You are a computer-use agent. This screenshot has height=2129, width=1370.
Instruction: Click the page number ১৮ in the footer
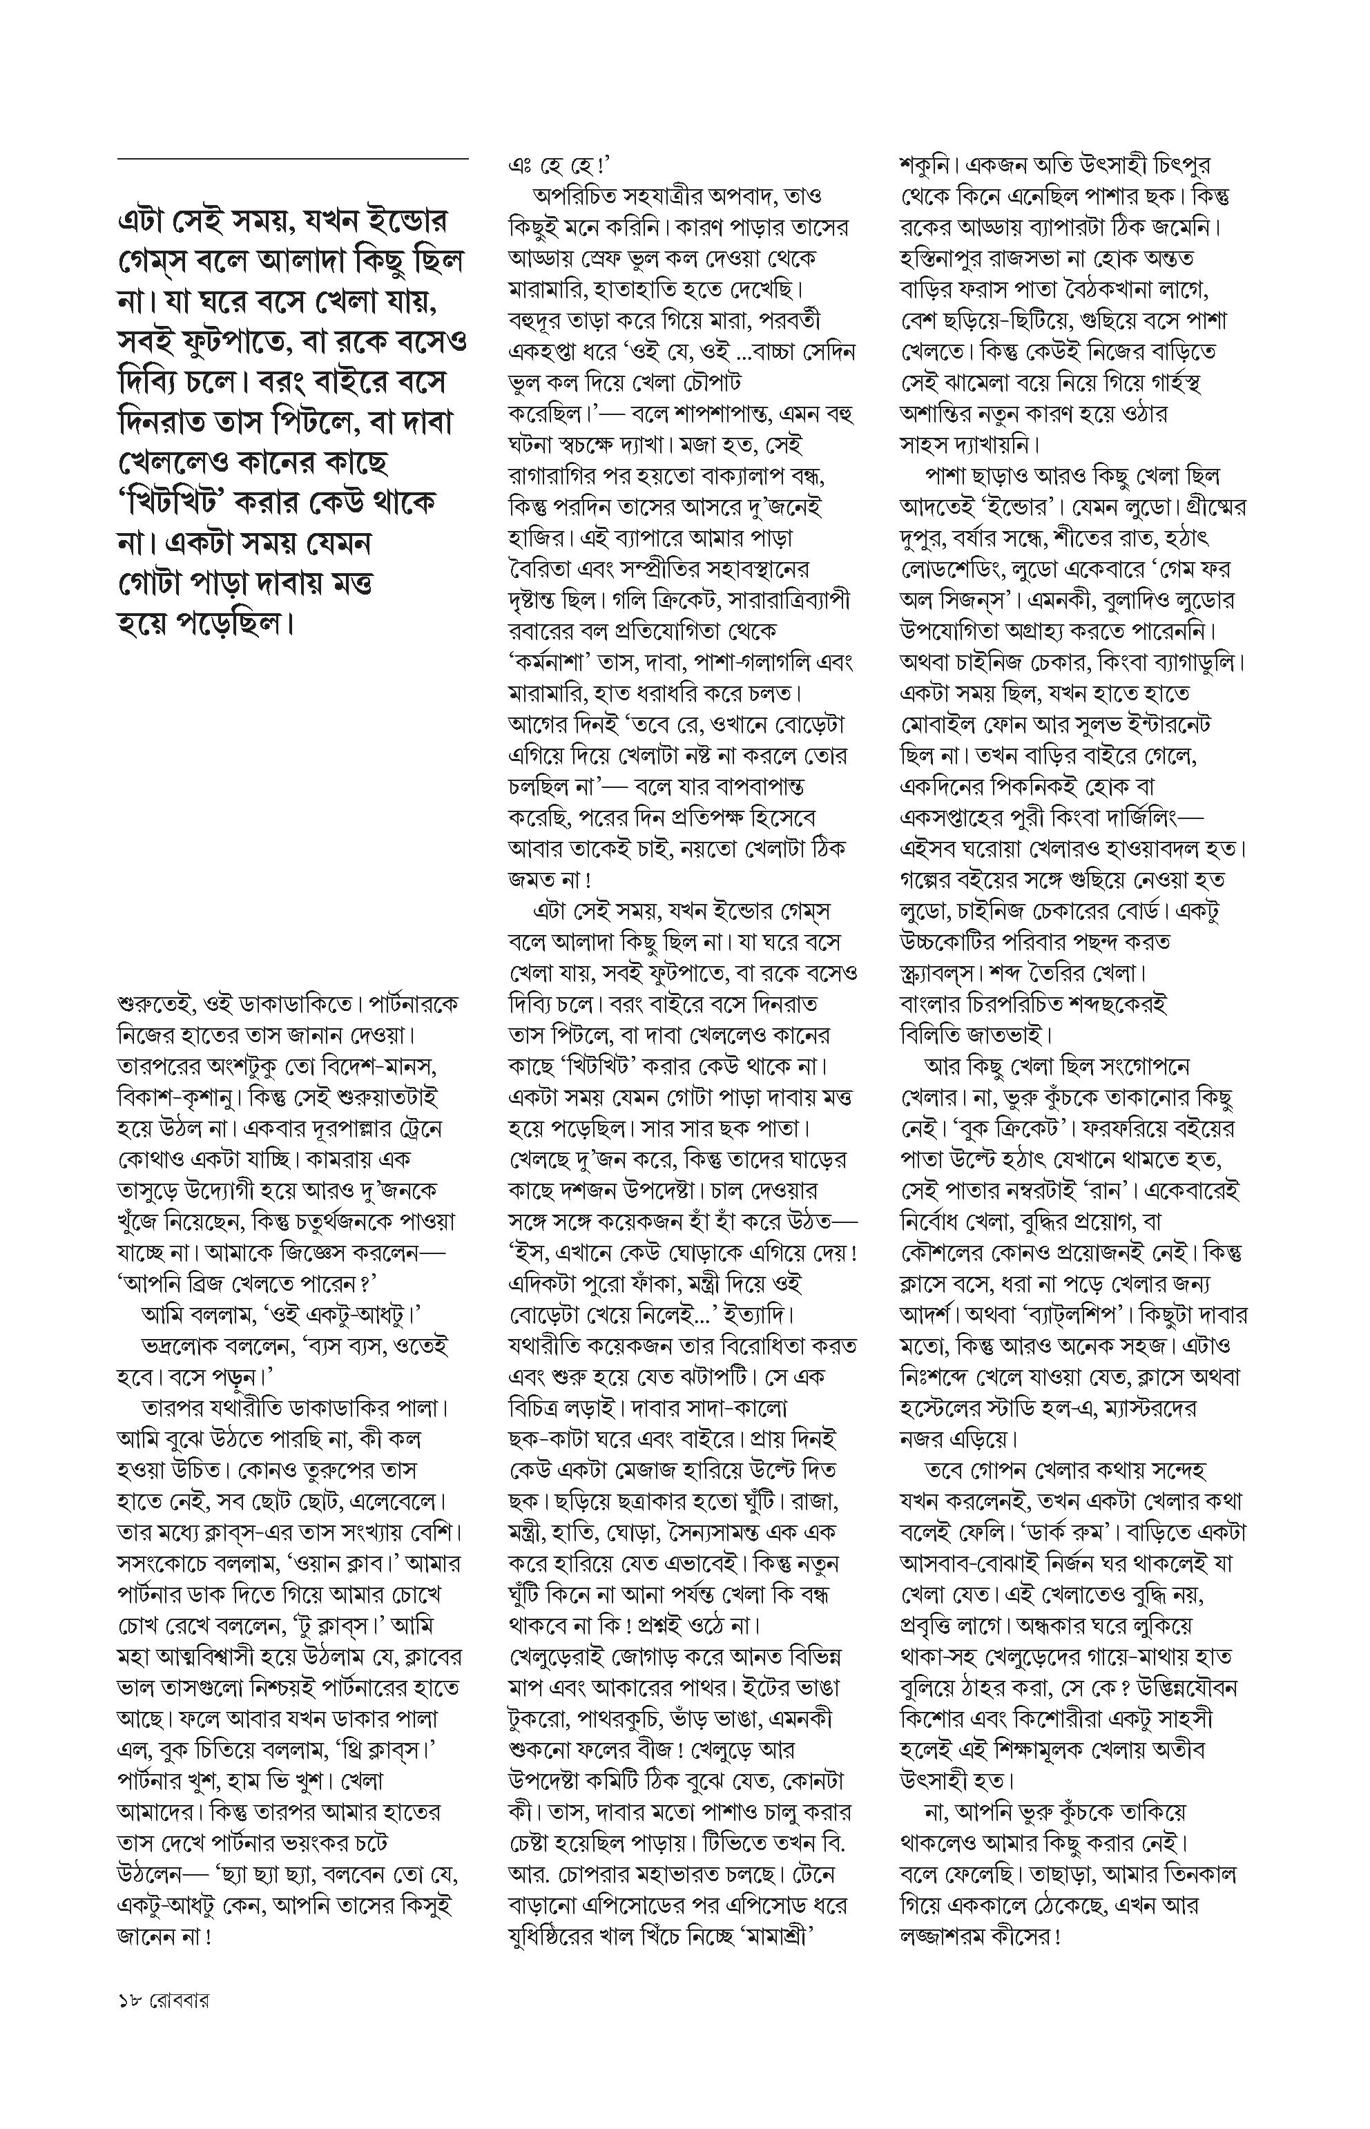tap(130, 2020)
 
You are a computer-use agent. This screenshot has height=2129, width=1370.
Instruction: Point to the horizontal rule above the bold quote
tap(293, 160)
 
